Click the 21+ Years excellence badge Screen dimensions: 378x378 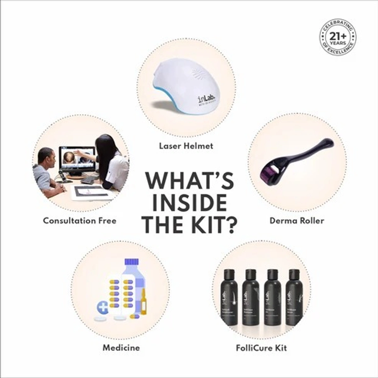pyautogui.click(x=338, y=38)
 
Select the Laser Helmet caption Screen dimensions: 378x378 pyautogui.click(x=186, y=146)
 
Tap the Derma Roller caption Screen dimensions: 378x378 pyautogui.click(x=296, y=220)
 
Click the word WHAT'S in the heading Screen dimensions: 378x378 pyautogui.click(x=189, y=182)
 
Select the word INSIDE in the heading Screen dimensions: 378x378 pyautogui.click(x=189, y=203)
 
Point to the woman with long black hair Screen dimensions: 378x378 pyautogui.click(x=110, y=161)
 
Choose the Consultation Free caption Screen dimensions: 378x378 pyautogui.click(x=79, y=220)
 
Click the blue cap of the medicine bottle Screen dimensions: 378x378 pyautogui.click(x=131, y=262)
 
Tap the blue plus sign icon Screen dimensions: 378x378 pyautogui.click(x=103, y=306)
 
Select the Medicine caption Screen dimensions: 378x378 pyautogui.click(x=121, y=348)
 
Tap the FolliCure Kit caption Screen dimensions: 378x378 pyautogui.click(x=261, y=348)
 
